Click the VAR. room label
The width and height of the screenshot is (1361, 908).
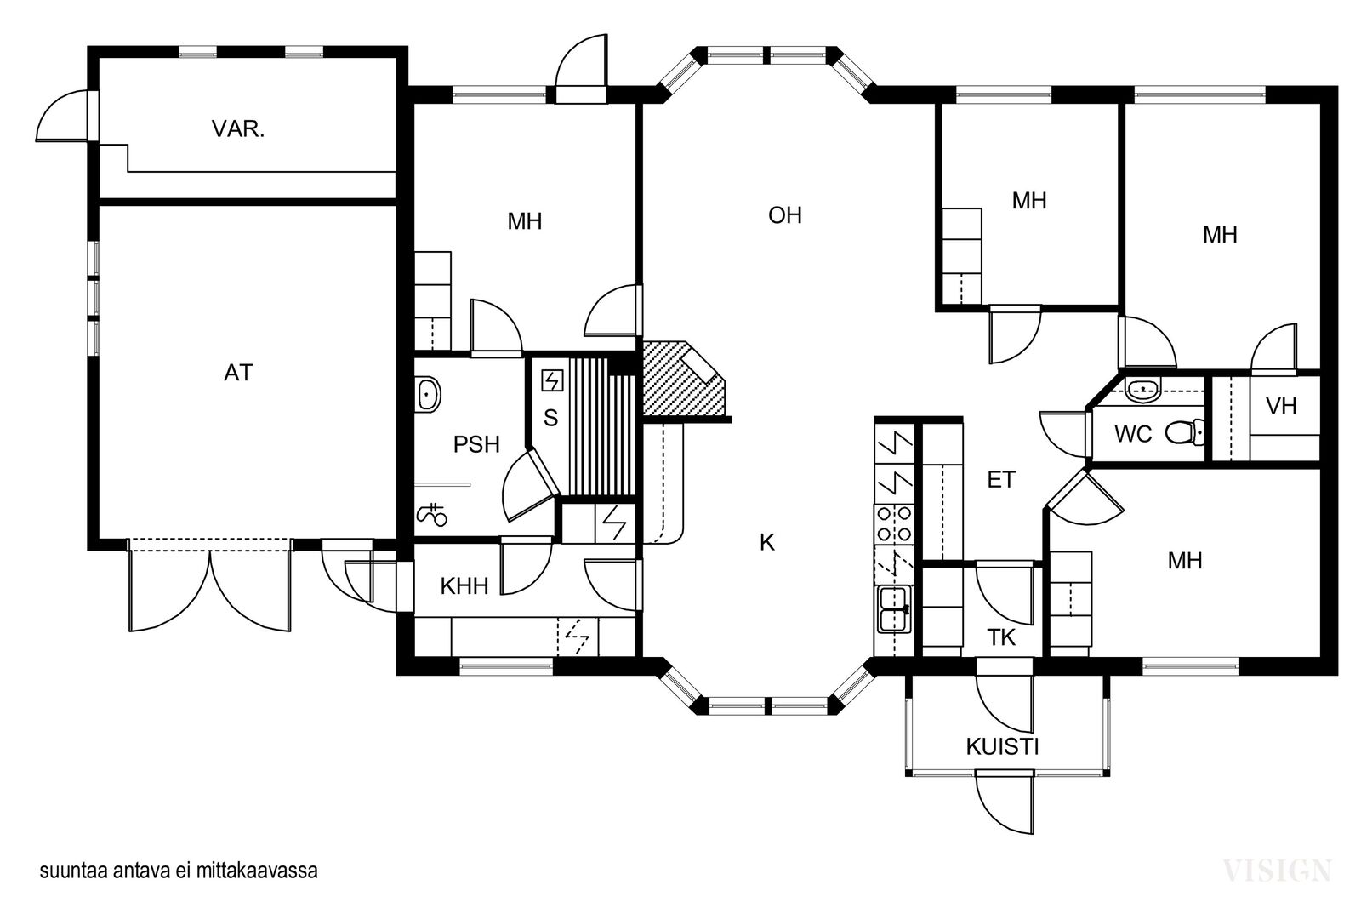[238, 128]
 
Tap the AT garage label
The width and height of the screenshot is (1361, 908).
[238, 373]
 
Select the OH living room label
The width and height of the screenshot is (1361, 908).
[785, 215]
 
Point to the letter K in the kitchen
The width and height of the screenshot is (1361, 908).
[766, 542]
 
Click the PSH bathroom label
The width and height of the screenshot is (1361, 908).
[476, 444]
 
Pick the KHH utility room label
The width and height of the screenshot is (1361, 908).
[464, 585]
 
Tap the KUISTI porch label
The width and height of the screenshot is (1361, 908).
[1002, 746]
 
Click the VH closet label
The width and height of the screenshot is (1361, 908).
[1281, 405]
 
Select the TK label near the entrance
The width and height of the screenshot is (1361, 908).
[1001, 637]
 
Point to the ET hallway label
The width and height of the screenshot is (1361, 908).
[1001, 480]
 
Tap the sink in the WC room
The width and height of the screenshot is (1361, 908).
[1143, 389]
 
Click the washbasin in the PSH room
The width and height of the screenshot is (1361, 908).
[428, 395]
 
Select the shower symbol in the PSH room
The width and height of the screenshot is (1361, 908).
[432, 514]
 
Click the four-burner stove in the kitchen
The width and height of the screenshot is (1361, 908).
[894, 524]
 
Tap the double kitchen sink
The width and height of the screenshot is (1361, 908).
[894, 609]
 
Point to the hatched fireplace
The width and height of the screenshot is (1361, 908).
[686, 379]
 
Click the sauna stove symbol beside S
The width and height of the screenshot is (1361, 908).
[552, 381]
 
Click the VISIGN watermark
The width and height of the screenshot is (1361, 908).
[1277, 871]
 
